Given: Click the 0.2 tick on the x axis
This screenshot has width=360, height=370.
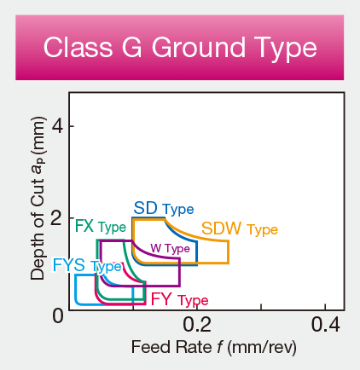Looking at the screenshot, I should [x=197, y=325].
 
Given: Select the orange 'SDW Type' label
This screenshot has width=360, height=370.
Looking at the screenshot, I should [x=240, y=229].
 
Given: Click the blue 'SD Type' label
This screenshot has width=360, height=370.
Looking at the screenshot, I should [x=164, y=209].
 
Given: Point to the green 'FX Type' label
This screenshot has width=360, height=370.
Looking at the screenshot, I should [x=101, y=227].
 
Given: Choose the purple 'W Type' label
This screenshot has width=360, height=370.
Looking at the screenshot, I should [x=170, y=248].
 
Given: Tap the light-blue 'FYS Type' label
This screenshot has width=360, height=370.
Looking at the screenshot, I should [x=87, y=265].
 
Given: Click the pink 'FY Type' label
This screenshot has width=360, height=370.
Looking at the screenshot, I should [x=179, y=299].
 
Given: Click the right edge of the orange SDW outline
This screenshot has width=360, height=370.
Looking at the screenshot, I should [x=228, y=252].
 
